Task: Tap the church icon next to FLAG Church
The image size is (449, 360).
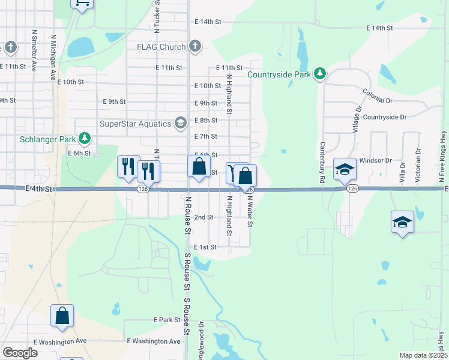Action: (x=195, y=46)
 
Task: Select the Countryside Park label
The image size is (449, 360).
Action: (x=279, y=74)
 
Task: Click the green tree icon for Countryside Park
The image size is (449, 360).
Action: (x=321, y=74)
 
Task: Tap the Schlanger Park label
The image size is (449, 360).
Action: (x=47, y=139)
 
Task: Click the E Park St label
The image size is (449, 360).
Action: (x=167, y=320)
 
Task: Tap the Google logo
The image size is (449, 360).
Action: (x=20, y=353)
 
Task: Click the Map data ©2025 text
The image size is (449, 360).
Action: (x=423, y=355)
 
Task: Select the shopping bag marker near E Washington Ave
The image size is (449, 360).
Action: (x=62, y=316)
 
